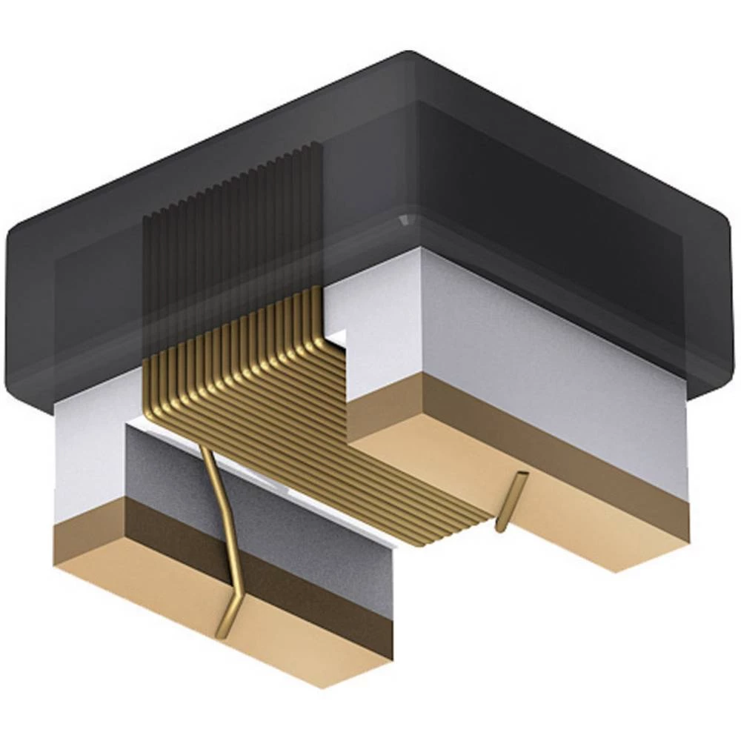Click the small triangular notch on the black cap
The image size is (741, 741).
405,221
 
